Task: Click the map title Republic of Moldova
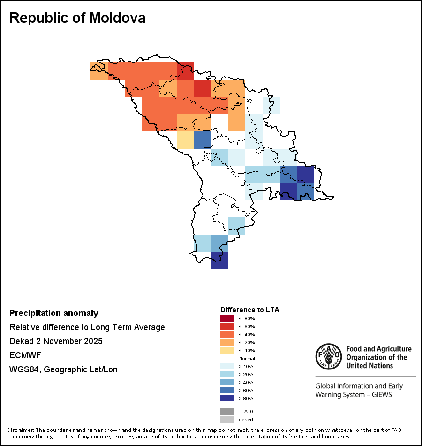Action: [77, 18]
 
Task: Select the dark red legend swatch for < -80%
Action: [227, 318]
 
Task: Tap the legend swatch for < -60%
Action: [227, 326]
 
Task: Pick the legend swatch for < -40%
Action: [227, 334]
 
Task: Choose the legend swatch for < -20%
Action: [227, 342]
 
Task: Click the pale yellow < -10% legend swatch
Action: [227, 350]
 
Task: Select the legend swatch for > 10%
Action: [227, 366]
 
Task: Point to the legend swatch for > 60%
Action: [227, 390]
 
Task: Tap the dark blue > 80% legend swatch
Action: [227, 398]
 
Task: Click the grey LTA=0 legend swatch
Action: [227, 411]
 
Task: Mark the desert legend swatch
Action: [227, 419]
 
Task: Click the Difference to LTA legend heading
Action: [249, 310]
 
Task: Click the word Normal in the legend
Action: [247, 358]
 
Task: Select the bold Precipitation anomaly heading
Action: [54, 313]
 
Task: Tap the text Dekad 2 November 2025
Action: [56, 341]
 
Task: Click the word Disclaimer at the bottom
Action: [20, 430]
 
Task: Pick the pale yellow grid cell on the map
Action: [185, 140]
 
